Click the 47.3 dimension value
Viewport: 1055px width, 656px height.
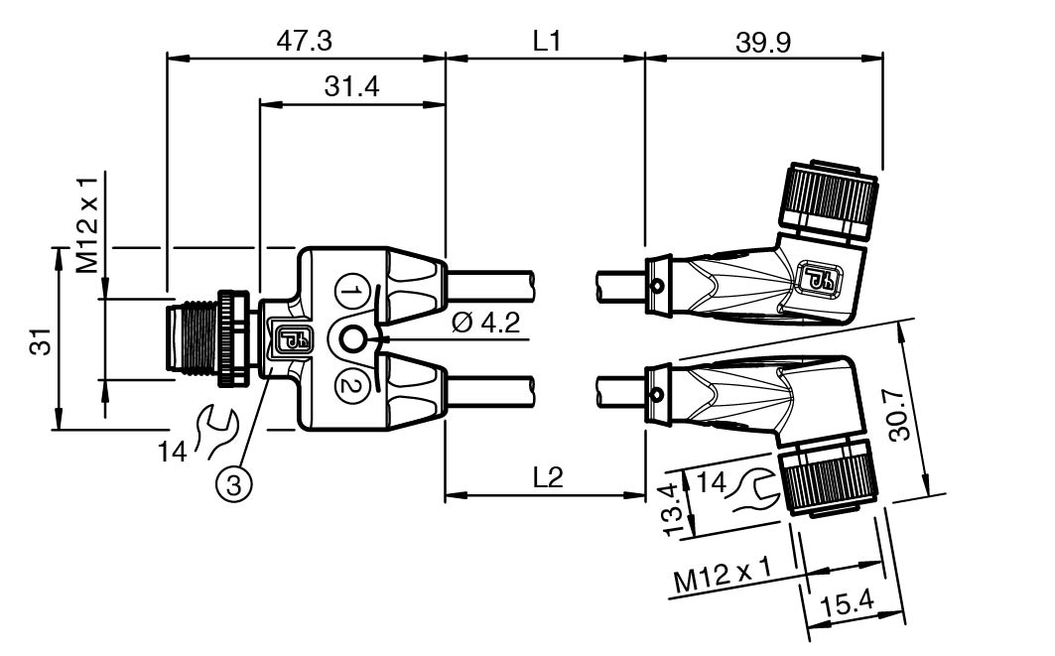pos(304,40)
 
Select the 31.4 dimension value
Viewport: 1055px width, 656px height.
pos(351,86)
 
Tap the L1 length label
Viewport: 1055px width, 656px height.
pos(547,41)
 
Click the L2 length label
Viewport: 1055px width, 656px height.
pos(547,477)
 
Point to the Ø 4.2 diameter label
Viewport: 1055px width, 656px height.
pos(484,325)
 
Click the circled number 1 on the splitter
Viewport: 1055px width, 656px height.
pos(350,293)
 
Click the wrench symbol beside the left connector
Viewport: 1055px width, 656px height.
pos(217,430)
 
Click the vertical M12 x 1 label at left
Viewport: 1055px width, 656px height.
pos(88,225)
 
